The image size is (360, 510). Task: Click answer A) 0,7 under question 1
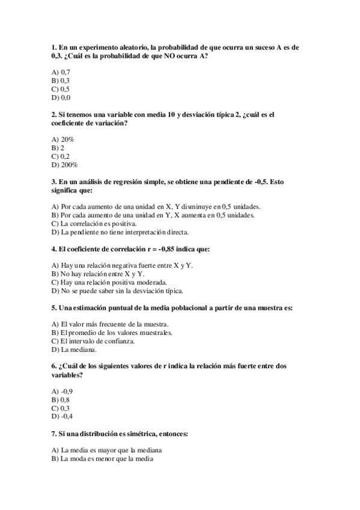click(61, 72)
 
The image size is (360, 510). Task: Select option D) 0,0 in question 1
click(61, 97)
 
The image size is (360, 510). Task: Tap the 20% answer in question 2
click(63, 139)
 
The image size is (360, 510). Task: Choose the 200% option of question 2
click(65, 164)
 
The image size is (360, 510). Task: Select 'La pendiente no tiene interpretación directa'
click(120, 232)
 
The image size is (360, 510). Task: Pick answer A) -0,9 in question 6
click(63, 392)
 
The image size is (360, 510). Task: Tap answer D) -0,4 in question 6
click(63, 417)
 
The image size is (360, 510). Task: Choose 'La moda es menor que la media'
click(102, 459)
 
